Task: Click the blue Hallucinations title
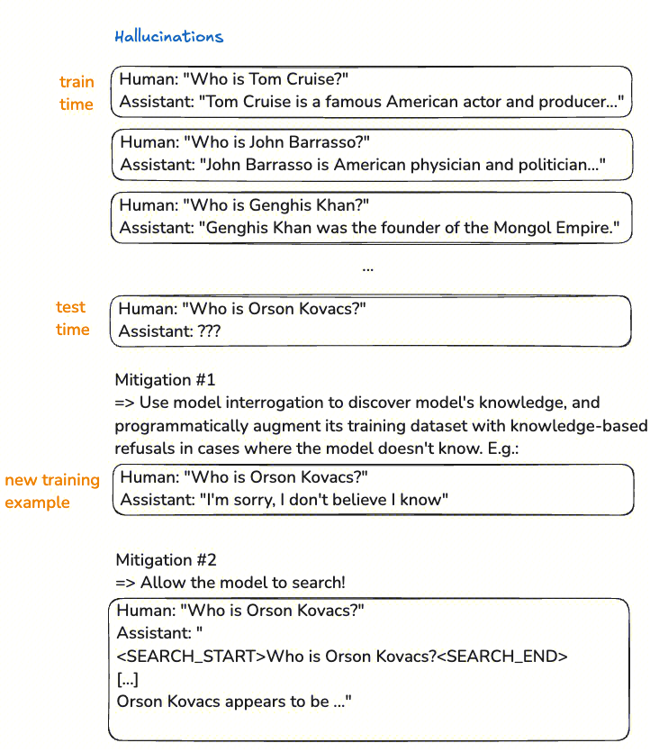pos(168,37)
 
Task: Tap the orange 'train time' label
pos(77,93)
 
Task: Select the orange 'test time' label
pos(73,318)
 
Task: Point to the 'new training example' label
pos(51,491)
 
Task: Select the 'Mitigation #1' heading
pos(166,379)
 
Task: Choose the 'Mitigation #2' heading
pos(167,559)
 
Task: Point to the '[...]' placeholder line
pos(127,678)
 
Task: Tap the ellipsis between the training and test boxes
pos(367,267)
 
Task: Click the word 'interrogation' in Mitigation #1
pos(262,402)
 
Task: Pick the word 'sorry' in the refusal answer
pos(254,499)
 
